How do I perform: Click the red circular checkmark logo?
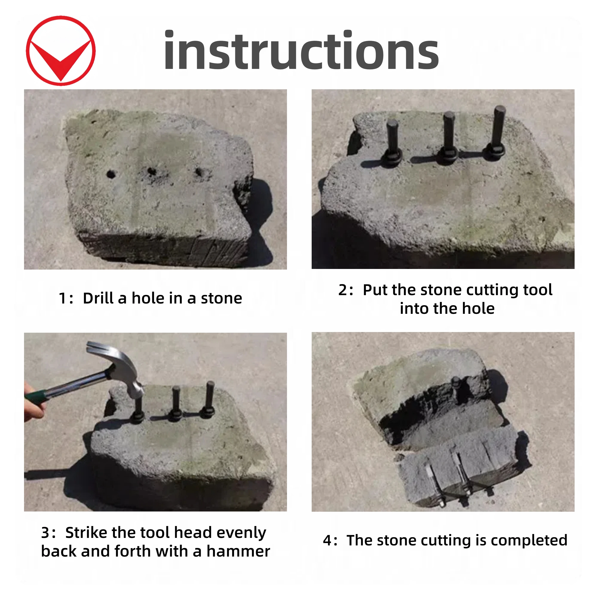click(61, 51)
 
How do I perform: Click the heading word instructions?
click(301, 50)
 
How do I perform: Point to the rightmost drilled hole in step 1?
click(199, 171)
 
